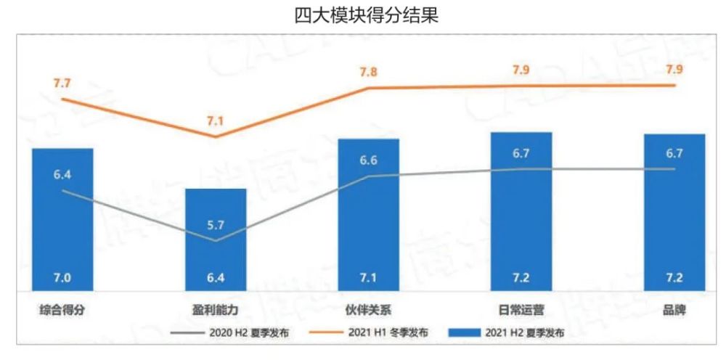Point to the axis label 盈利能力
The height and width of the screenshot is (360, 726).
click(216, 310)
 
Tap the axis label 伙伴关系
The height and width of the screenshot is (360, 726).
click(369, 310)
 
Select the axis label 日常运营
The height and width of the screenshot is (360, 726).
click(521, 310)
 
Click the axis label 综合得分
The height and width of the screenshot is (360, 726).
click(62, 310)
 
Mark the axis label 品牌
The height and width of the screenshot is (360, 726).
click(674, 310)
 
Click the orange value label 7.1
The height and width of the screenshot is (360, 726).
click(216, 121)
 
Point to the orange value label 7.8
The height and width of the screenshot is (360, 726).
click(369, 72)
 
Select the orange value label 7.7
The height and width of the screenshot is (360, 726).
click(62, 83)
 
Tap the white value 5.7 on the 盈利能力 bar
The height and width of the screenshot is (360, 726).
click(216, 224)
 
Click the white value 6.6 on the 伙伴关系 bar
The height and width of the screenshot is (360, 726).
click(369, 160)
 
